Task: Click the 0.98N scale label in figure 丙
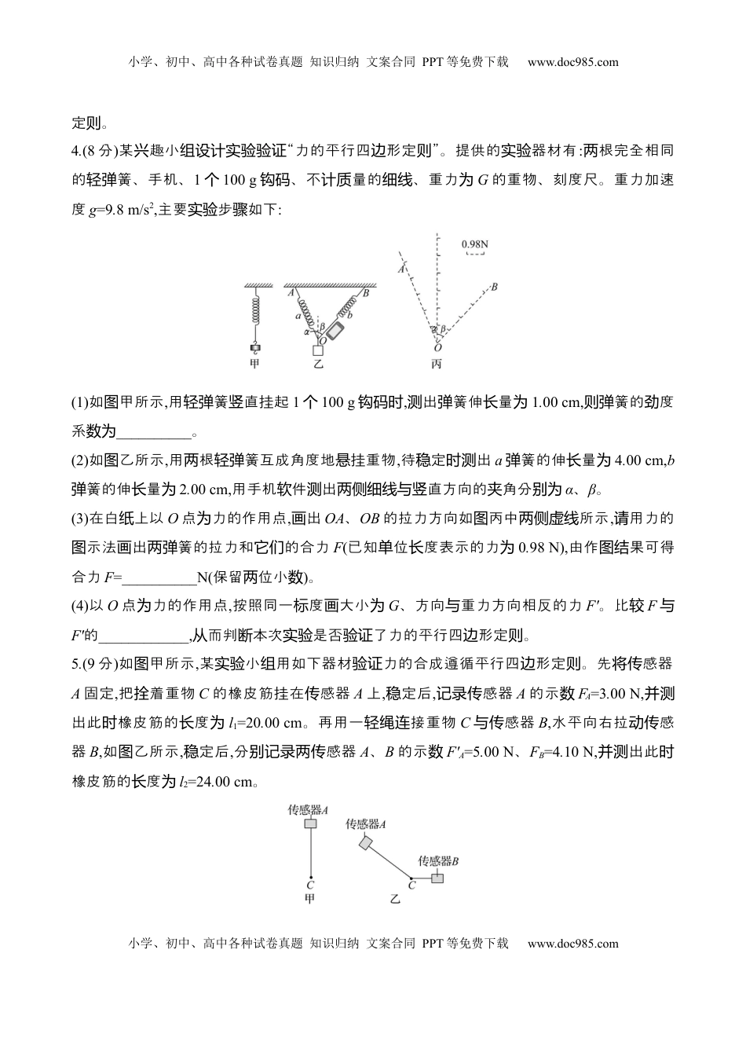click(x=475, y=244)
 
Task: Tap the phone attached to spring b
click(x=335, y=331)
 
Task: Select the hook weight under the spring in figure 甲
click(x=254, y=347)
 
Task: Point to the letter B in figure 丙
click(x=495, y=287)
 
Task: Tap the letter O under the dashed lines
click(x=437, y=347)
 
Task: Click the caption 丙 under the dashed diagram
click(x=437, y=364)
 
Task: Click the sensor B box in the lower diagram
click(x=437, y=878)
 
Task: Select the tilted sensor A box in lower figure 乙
click(x=366, y=843)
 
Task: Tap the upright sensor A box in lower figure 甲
click(x=310, y=823)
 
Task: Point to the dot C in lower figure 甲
click(x=311, y=878)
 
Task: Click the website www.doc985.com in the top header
click(x=572, y=62)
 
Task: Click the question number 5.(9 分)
click(x=94, y=664)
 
